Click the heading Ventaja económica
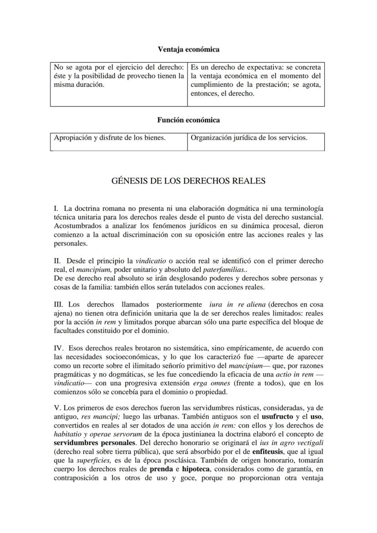click(x=188, y=49)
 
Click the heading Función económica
click(x=188, y=120)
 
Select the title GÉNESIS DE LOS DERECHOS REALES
click(x=188, y=181)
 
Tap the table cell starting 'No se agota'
click(x=119, y=76)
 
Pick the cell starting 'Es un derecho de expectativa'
click(x=255, y=81)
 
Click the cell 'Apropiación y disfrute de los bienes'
click(x=110, y=137)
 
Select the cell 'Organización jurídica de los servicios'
click(x=249, y=137)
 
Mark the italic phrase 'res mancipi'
click(x=97, y=416)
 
